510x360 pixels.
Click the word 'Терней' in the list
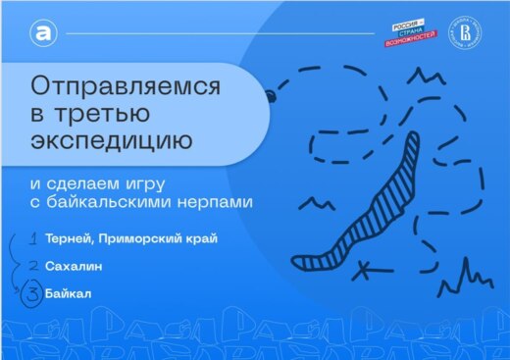coord(70,239)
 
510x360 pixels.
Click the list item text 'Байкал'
coord(73,291)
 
